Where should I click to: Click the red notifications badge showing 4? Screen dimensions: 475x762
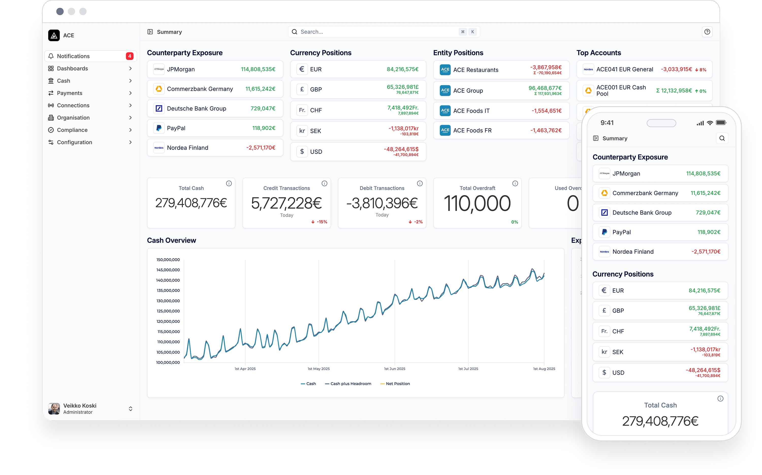coord(130,56)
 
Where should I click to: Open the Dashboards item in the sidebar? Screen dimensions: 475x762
coord(72,69)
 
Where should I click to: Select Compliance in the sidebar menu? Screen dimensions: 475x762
coord(72,130)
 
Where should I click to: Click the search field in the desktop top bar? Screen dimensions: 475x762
coord(377,32)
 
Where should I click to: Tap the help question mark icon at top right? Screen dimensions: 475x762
coord(707,32)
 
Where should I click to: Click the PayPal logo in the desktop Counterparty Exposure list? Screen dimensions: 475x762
coord(159,128)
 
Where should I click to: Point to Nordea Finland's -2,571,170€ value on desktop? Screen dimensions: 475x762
coord(261,148)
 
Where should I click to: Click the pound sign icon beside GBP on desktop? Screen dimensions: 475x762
coord(302,90)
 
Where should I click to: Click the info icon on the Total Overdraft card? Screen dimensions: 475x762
coord(515,184)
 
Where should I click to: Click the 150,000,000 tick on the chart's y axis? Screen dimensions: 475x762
coord(168,260)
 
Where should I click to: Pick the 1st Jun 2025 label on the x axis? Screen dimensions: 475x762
coord(395,369)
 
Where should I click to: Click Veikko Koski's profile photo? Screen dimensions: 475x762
coord(54,409)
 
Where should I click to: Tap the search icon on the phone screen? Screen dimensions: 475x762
coord(722,138)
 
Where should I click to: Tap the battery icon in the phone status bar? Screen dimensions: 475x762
coord(721,123)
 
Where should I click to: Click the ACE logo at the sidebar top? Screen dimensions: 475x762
coord(54,36)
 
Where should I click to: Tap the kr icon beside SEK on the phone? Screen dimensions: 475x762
coord(604,352)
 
